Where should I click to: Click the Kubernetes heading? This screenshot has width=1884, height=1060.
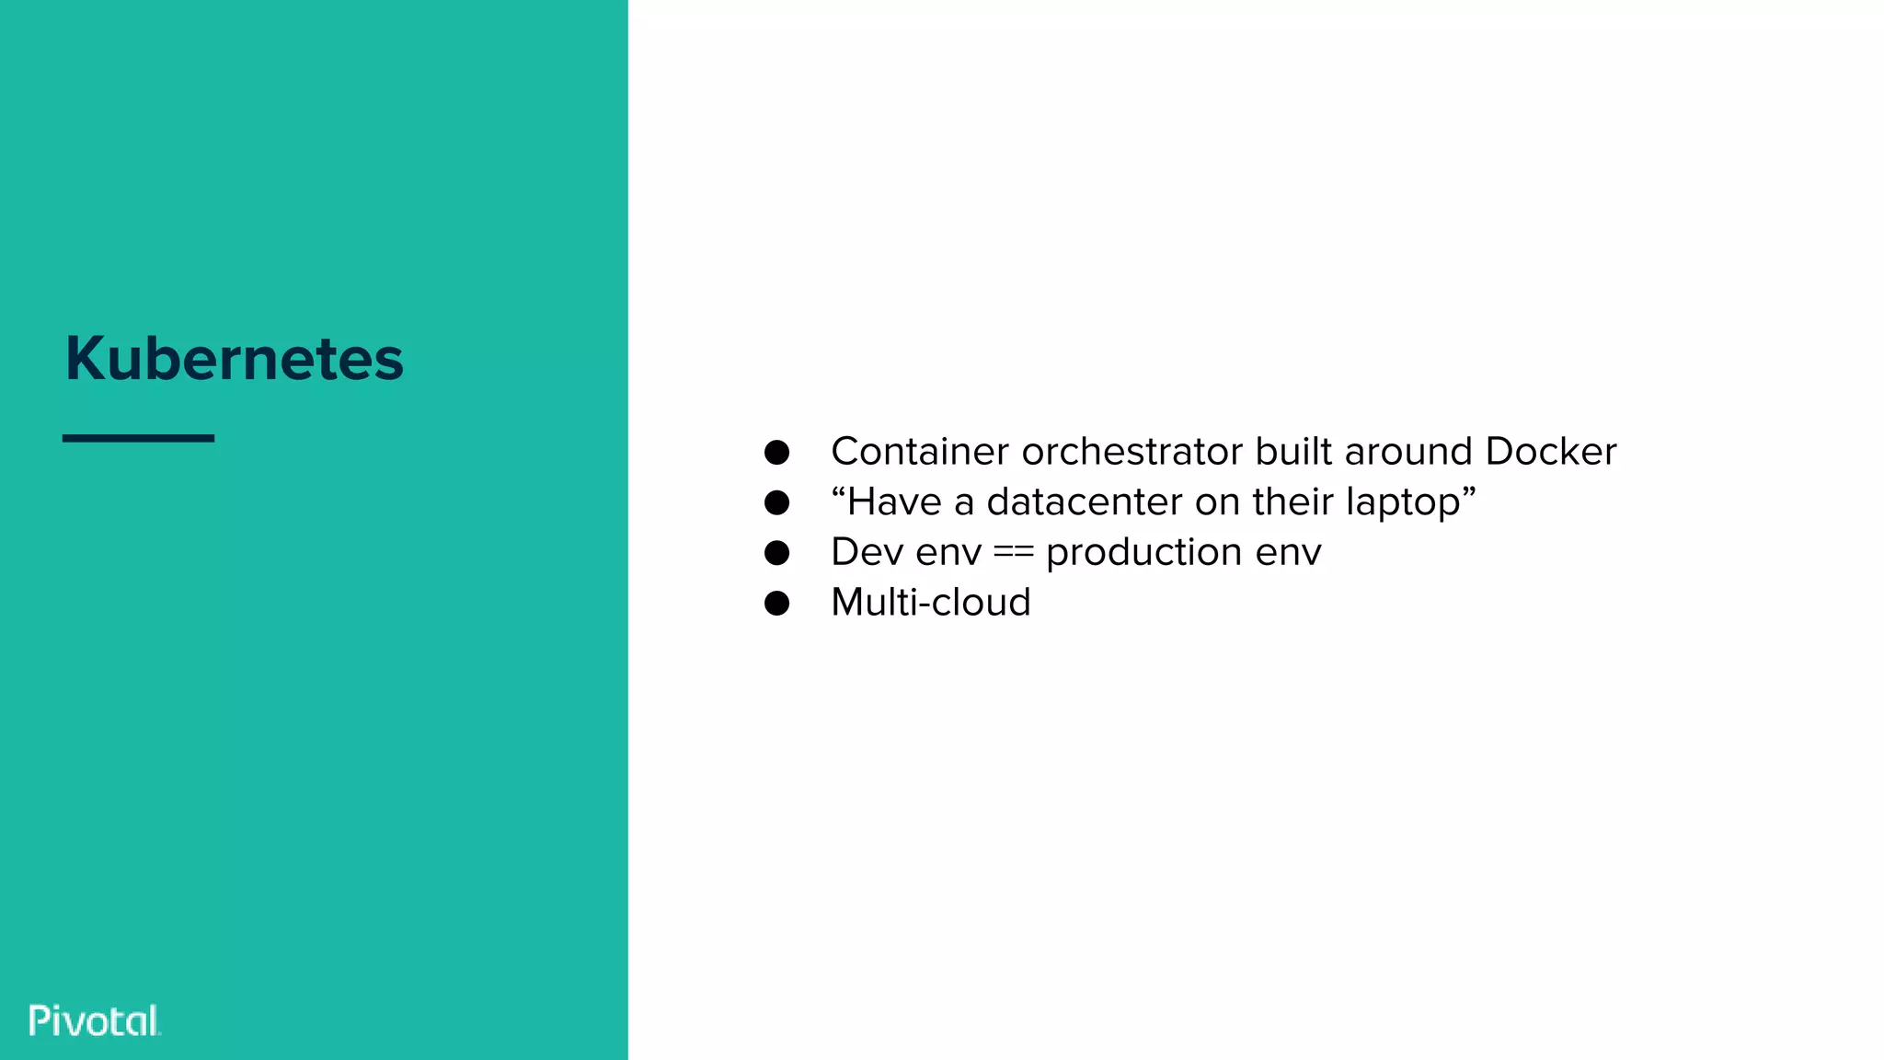pos(235,358)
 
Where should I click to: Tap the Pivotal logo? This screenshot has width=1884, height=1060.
pos(95,1020)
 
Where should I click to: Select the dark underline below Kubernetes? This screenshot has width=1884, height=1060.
pos(138,438)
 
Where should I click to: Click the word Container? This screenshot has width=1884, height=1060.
pos(920,452)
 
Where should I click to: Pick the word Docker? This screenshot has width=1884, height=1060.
pos(1550,452)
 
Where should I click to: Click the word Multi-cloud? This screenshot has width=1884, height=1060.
pos(931,603)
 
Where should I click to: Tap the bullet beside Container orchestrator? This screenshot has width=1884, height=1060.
pos(777,452)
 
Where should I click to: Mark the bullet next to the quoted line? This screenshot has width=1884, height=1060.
pos(777,502)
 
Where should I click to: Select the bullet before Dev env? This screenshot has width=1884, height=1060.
pos(777,553)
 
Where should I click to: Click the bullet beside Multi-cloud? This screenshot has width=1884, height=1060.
pos(777,604)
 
